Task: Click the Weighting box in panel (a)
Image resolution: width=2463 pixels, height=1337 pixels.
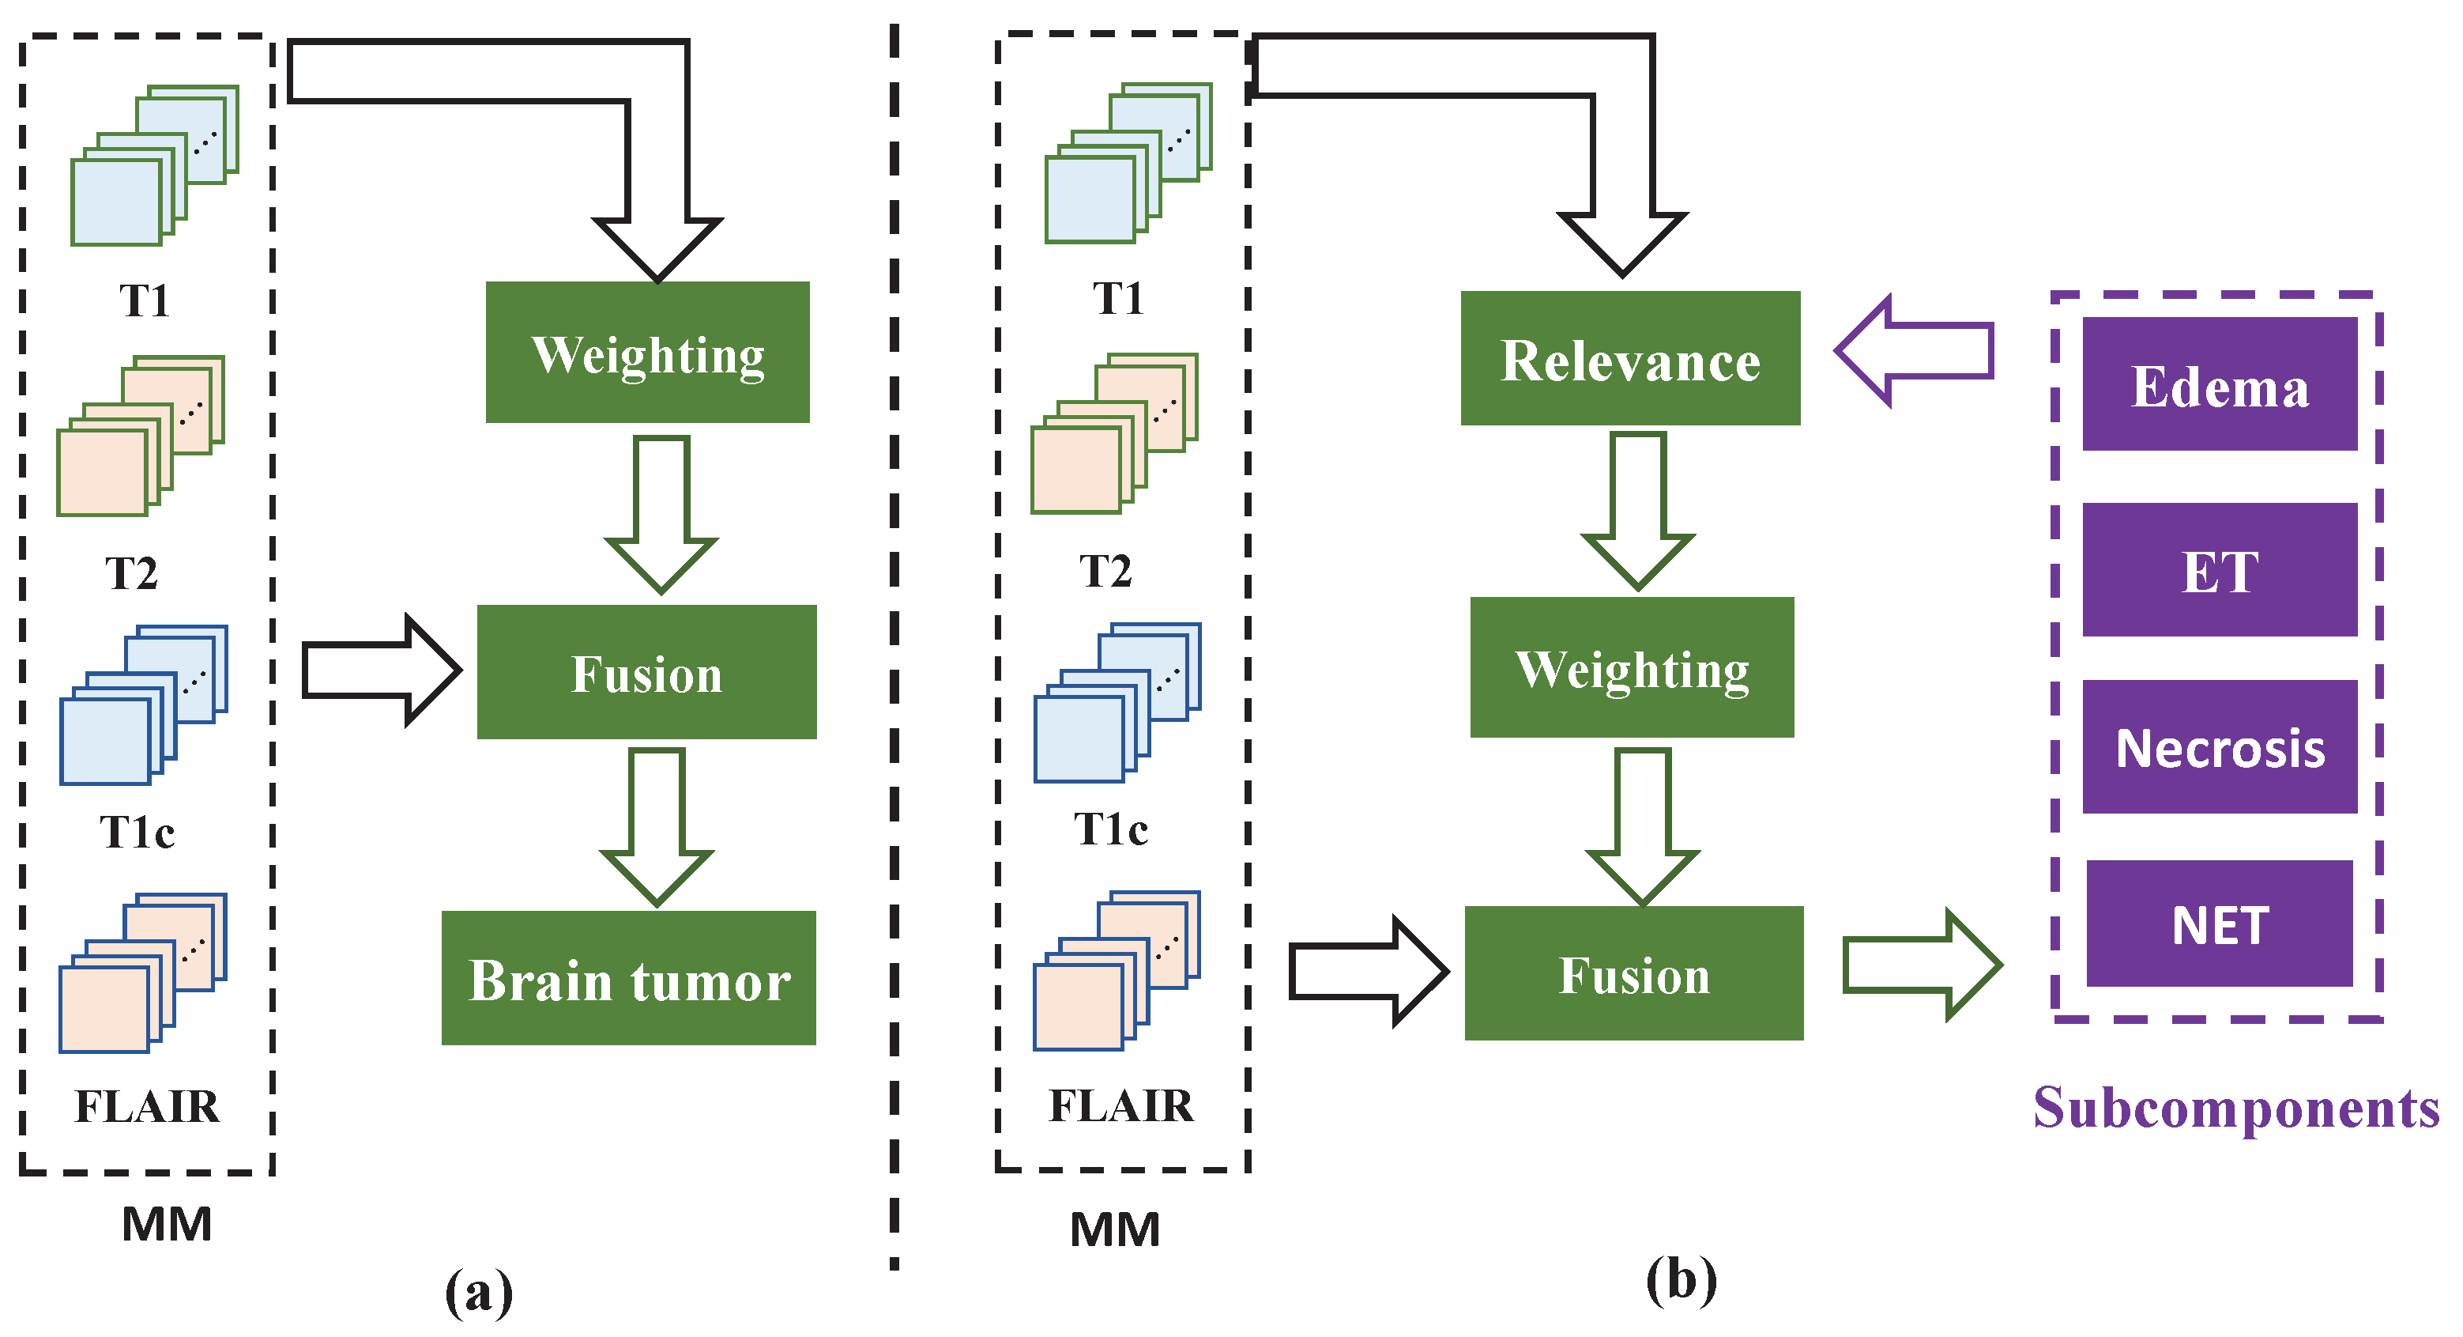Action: coord(647,352)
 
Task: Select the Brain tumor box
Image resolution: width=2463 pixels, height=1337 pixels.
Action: coord(628,977)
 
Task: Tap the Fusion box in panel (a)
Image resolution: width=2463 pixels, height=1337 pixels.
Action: coord(646,671)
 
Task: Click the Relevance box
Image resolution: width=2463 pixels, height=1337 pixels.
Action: coord(1630,357)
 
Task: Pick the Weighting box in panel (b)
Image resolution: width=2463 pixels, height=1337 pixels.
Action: coord(1632,667)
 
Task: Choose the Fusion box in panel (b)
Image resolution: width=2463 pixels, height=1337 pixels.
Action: coord(1634,973)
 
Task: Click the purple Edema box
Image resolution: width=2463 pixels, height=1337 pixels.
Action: coord(2219,383)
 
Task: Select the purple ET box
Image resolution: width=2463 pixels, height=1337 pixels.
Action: coord(2219,570)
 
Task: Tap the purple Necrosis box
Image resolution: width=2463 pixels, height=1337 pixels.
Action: coord(2219,747)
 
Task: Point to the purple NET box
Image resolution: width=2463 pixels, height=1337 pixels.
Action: coord(2219,923)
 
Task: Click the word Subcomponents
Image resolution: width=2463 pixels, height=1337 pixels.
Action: coord(2235,1109)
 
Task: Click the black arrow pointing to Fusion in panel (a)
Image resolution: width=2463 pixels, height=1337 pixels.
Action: coord(381,670)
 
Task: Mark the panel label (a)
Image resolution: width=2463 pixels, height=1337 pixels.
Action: coord(479,1291)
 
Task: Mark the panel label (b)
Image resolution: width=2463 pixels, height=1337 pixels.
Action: coord(1681,1279)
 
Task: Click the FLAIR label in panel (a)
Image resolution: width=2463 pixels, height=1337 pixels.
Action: coord(147,1106)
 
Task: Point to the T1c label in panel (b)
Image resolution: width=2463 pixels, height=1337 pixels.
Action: coord(1110,829)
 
